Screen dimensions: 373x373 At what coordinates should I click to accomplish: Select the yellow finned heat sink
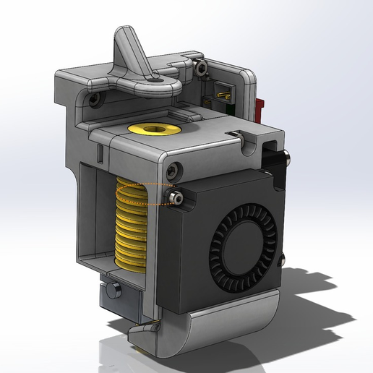(131, 224)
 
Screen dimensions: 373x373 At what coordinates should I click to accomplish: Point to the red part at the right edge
(261, 108)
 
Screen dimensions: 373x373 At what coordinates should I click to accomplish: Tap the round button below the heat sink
(112, 291)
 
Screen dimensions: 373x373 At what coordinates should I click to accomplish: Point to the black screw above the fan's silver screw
(171, 171)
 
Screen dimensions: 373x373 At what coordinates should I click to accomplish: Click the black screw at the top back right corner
(202, 69)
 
